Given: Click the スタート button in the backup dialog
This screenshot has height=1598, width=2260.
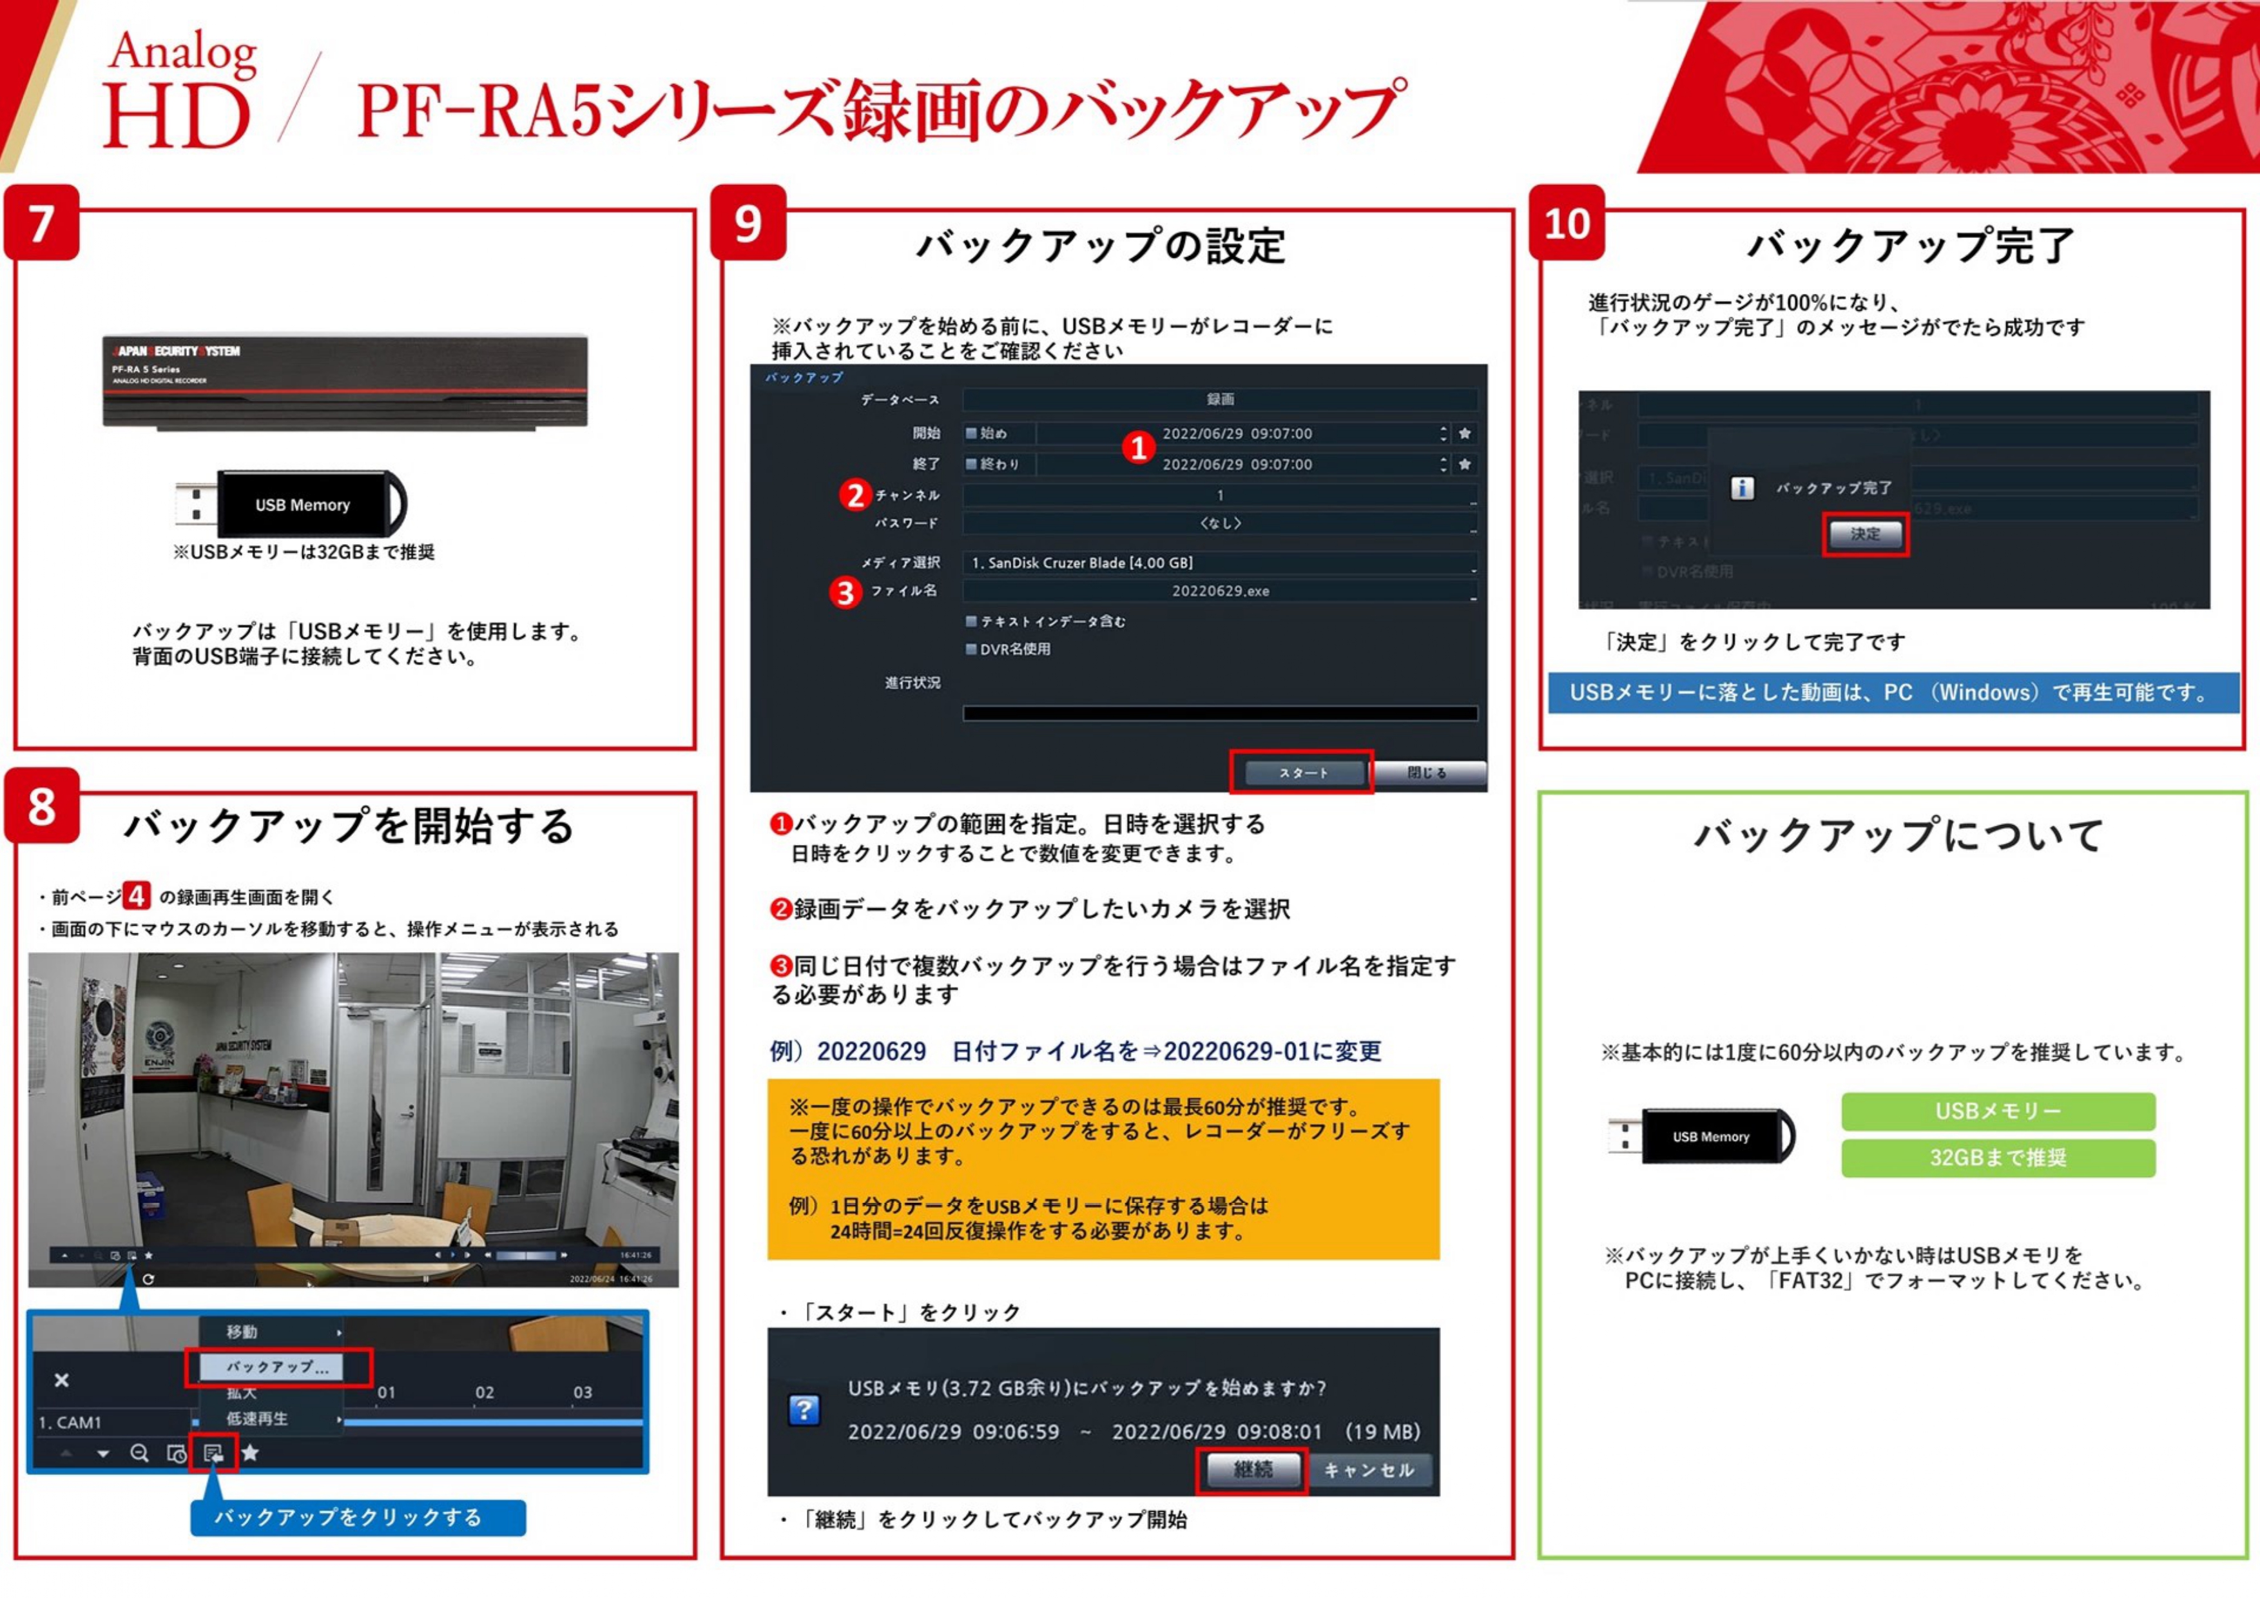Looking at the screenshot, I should (1303, 773).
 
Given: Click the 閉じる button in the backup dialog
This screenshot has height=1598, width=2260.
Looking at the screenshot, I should (1427, 773).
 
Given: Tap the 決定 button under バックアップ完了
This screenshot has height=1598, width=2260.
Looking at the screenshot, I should (1864, 534).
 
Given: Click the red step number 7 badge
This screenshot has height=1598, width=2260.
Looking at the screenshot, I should (41, 224).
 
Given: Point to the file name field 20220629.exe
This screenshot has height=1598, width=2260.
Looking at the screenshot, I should (1219, 590).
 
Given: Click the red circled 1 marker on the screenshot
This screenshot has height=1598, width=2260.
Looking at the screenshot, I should (1139, 448).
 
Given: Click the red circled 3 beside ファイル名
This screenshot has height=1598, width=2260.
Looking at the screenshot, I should (845, 593).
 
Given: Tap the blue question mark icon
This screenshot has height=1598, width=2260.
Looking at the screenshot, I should (804, 1410).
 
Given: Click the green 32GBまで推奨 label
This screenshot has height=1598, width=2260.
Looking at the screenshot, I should (1998, 1158).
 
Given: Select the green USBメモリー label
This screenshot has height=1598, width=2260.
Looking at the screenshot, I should (1998, 1111).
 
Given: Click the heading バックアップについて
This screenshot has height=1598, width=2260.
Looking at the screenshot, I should (1898, 835).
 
